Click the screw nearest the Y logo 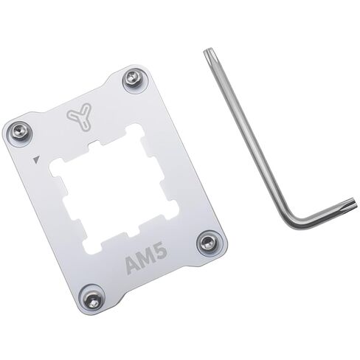(x=133, y=78)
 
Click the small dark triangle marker (x=35, y=158)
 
